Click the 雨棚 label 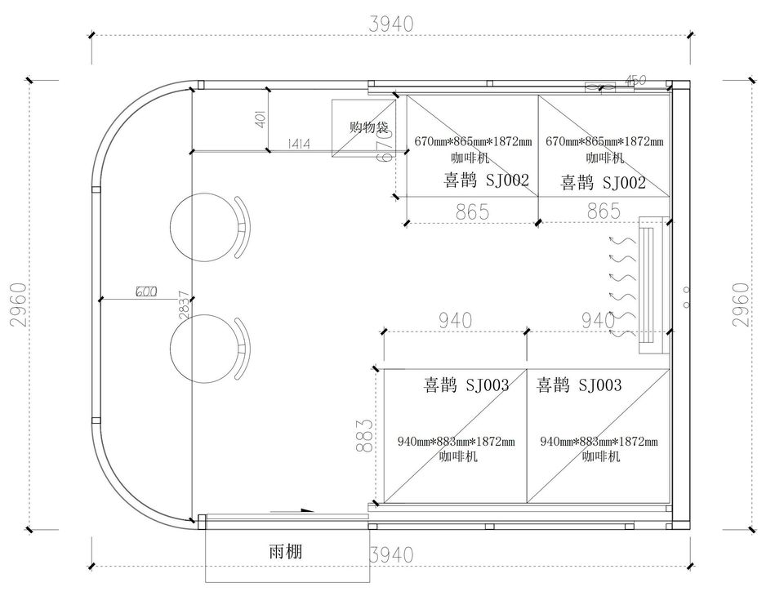coord(285,552)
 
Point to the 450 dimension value coord(635,80)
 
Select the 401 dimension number coord(261,119)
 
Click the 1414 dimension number coord(299,144)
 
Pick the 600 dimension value coord(146,291)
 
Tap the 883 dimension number coord(366,435)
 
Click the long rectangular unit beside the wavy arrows coord(650,284)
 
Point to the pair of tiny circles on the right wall coord(686,296)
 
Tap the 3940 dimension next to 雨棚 coord(391,555)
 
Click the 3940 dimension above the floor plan coord(391,24)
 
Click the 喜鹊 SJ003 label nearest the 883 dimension coord(465,385)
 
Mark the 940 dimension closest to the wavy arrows coord(598,321)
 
